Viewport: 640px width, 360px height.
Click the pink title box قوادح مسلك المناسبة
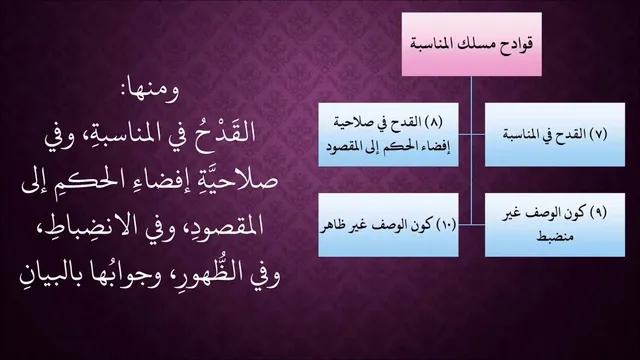click(x=471, y=44)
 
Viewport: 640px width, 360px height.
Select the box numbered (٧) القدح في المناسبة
click(x=555, y=135)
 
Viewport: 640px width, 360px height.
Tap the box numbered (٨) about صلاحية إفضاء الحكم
click(x=388, y=135)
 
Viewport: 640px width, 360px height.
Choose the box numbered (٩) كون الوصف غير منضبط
click(x=555, y=225)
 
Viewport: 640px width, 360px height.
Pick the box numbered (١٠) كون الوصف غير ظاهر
click(x=388, y=225)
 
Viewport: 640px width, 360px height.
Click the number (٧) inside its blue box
click(x=598, y=134)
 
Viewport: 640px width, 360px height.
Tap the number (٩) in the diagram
click(x=598, y=213)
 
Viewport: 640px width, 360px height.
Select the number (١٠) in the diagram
click(x=446, y=225)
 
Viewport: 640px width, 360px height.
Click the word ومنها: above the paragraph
click(x=150, y=91)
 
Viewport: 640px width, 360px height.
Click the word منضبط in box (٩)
click(x=555, y=237)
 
